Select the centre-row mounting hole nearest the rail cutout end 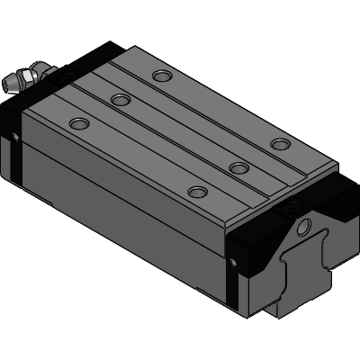(238, 166)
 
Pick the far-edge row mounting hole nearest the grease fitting (161, 76)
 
